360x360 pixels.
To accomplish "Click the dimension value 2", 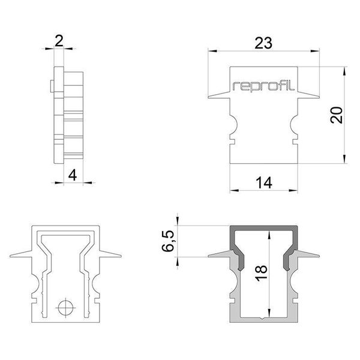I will pos(58,41).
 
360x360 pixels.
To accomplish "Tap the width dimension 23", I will pos(264,43).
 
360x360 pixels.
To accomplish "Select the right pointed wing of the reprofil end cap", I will pos(310,95).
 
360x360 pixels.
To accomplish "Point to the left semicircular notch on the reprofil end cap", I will pos(235,126).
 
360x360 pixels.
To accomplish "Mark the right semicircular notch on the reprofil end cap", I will pos(293,126).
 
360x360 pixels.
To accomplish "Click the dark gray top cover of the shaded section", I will pos(264,229).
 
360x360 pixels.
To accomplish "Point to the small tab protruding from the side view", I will pos(52,86).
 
